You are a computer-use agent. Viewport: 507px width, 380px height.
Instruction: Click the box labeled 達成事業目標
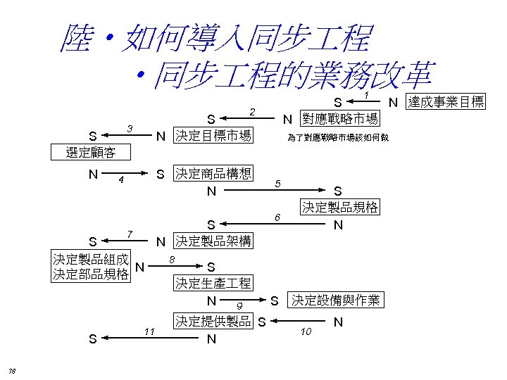[x=446, y=103]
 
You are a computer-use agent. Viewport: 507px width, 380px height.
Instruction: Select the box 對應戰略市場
[x=340, y=118]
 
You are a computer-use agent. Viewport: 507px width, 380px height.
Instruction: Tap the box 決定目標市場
[x=213, y=134]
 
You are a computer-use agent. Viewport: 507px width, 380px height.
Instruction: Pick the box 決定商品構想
[x=213, y=173]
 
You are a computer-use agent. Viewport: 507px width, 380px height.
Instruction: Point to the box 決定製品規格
[x=340, y=208]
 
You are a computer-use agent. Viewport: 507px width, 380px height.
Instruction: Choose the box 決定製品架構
[x=213, y=241]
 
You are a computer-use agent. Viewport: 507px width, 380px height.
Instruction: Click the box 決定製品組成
[x=92, y=258]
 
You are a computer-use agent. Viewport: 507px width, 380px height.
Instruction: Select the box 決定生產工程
[x=212, y=284]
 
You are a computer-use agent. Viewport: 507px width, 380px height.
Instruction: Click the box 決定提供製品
[x=213, y=322]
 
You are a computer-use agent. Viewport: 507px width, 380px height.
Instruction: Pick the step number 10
[x=306, y=331]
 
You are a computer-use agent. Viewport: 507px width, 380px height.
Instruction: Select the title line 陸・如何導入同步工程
[x=214, y=39]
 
